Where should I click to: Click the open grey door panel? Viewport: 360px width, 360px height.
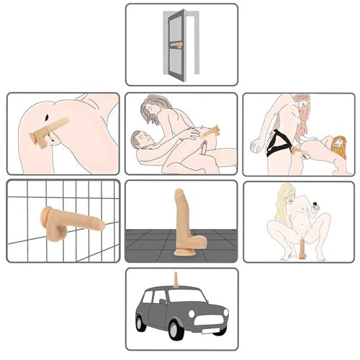tap(176, 45)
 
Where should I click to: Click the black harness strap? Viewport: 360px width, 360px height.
tap(276, 148)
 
